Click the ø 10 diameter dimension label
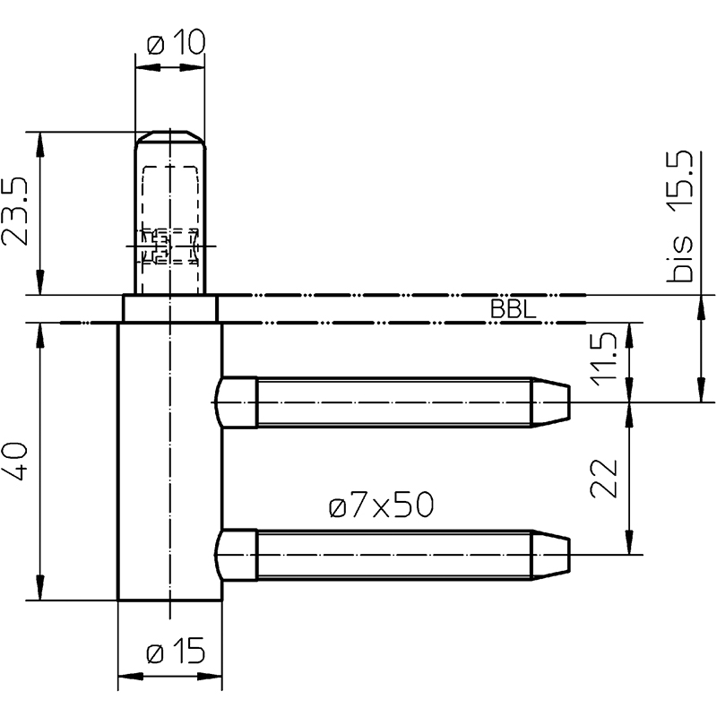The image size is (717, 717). coord(177,43)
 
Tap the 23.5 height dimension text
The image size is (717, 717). coord(14,212)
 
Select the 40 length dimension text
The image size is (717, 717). coord(14,461)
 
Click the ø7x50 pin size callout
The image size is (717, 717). coord(381,505)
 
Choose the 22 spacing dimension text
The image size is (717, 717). coord(603,478)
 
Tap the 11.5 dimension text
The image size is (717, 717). coord(603,359)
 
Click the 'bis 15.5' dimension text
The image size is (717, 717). coord(680,216)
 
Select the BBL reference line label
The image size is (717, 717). coord(513,309)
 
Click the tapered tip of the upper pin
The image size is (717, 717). coord(551,402)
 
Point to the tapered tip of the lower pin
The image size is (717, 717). coord(551,555)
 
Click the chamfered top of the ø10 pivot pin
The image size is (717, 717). coord(170,137)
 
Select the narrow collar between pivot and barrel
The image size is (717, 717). coord(170,309)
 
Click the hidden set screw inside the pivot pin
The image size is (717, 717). coord(168,247)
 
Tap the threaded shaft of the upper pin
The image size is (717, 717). coord(394,402)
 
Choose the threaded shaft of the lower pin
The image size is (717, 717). coord(394,555)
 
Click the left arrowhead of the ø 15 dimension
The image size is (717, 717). coord(130,676)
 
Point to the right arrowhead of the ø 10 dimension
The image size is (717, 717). coord(192,68)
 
